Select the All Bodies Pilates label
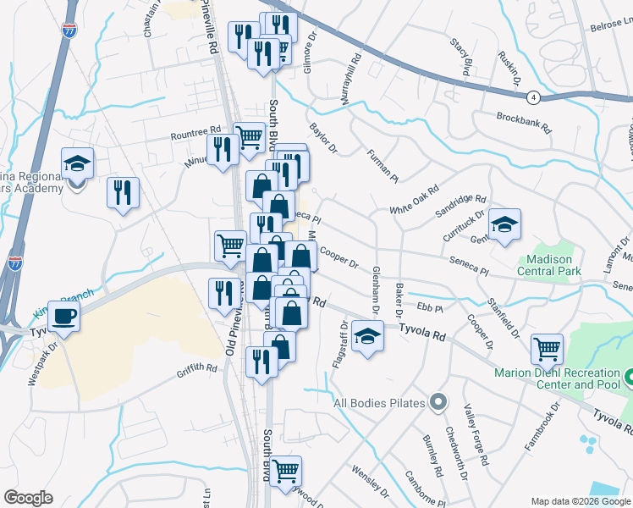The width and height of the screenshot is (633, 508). pos(378,403)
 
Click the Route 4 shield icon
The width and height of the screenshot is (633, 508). pos(532,97)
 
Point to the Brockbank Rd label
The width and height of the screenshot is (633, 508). pos(524,124)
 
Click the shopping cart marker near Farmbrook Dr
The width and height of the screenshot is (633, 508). pos(547,348)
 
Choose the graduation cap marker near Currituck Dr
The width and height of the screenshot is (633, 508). pos(504,225)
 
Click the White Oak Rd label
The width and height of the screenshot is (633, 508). pos(414,200)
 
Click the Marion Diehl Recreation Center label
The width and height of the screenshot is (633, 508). pos(558,378)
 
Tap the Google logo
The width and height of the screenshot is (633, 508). pos(29,498)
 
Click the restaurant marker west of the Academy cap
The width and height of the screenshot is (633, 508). pos(123,192)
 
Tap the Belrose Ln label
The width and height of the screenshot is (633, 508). pos(607,28)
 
